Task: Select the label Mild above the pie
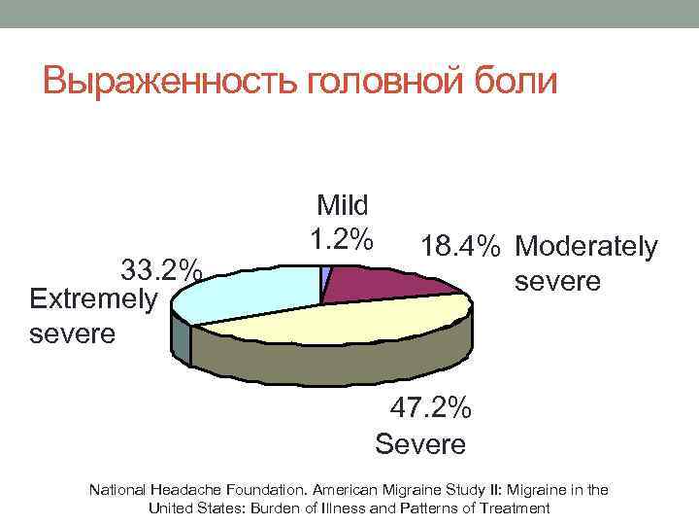[343, 205]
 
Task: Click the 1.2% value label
[341, 237]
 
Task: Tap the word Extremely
[93, 298]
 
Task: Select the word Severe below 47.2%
[420, 444]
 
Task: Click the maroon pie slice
[379, 282]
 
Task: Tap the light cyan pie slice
[243, 292]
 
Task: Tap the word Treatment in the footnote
[516, 507]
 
